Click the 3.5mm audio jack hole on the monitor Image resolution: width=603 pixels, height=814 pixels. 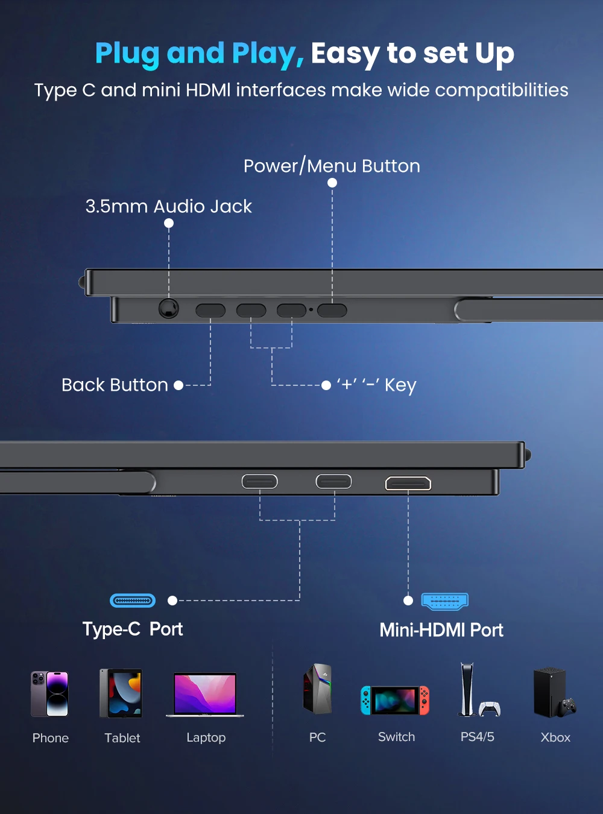[169, 308]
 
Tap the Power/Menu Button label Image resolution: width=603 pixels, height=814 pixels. [332, 166]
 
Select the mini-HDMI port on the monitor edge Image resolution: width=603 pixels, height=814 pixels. [408, 483]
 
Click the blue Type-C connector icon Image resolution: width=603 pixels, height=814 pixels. [133, 601]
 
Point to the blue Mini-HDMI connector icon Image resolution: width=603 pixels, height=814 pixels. [445, 601]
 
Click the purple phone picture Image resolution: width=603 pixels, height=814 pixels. [50, 693]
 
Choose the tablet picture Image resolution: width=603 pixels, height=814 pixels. [121, 693]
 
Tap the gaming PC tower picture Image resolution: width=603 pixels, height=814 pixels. [318, 689]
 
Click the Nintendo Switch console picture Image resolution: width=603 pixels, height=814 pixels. [395, 700]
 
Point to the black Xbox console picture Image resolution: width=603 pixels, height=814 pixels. [552, 692]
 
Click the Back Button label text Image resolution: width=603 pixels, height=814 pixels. [115, 385]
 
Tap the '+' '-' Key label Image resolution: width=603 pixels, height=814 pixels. [376, 385]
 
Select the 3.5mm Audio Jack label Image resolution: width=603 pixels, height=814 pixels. [168, 206]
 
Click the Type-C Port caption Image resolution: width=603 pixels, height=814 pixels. [133, 629]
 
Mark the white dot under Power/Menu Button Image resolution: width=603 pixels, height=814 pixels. [332, 183]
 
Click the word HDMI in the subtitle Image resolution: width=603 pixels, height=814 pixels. [208, 90]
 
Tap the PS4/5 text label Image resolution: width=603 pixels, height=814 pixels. [477, 737]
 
